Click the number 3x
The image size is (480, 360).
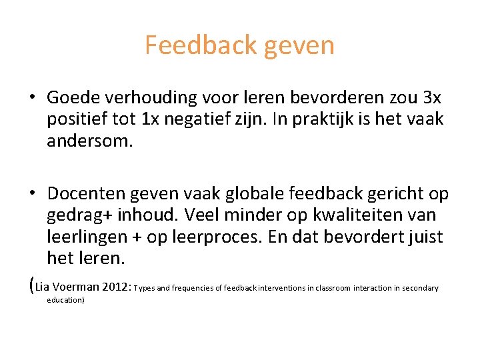coord(432,98)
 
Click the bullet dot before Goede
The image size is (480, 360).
coord(32,98)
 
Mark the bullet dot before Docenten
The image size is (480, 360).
coord(32,194)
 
